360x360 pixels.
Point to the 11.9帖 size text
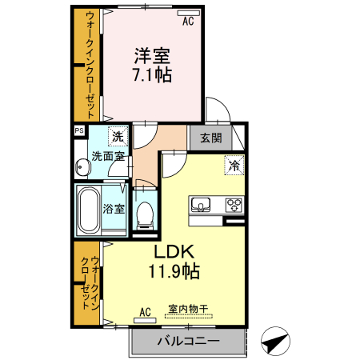[174, 271]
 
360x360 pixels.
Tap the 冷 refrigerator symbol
[234, 166]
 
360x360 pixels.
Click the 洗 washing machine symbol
[118, 136]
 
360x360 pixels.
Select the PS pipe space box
[79, 130]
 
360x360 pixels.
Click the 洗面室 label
[107, 157]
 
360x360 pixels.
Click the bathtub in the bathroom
[87, 210]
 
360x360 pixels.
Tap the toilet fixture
[145, 214]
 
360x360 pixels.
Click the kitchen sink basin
[202, 203]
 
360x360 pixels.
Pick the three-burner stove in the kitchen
[234, 203]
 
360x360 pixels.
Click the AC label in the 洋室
[188, 22]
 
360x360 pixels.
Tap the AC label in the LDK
[146, 311]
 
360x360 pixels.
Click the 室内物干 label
[189, 309]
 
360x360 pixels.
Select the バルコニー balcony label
[188, 341]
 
